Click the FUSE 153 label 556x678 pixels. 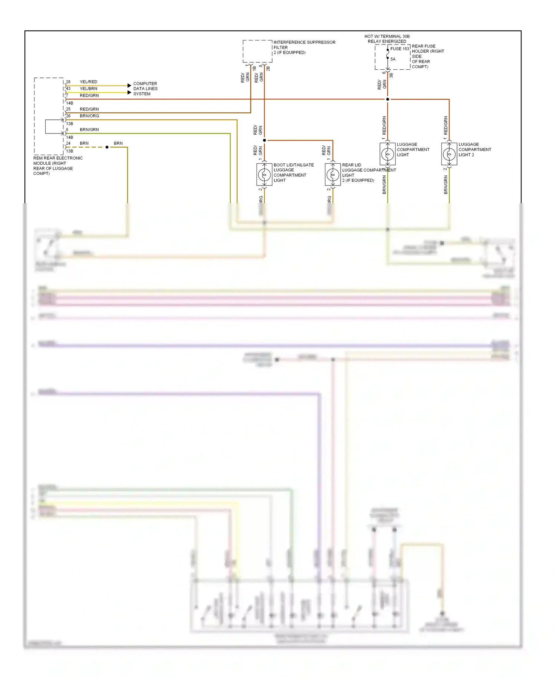(400, 49)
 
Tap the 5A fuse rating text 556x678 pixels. (393, 59)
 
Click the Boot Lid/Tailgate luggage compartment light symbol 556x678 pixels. (264, 174)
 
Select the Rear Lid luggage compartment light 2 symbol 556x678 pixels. (333, 174)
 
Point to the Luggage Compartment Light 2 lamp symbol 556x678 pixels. (449, 154)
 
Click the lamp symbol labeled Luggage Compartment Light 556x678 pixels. (388, 154)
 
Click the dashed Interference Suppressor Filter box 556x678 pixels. (257, 51)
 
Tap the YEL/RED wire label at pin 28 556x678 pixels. (89, 82)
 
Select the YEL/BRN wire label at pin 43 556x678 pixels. (89, 89)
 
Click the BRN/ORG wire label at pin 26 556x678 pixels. (89, 116)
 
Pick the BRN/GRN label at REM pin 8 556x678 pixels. (89, 129)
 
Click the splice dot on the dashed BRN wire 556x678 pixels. (107, 147)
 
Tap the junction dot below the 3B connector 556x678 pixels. (388, 99)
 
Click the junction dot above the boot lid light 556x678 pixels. (264, 140)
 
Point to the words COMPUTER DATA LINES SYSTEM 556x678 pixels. (145, 89)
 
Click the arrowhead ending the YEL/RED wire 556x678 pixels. (129, 86)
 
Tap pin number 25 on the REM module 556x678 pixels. (68, 109)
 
